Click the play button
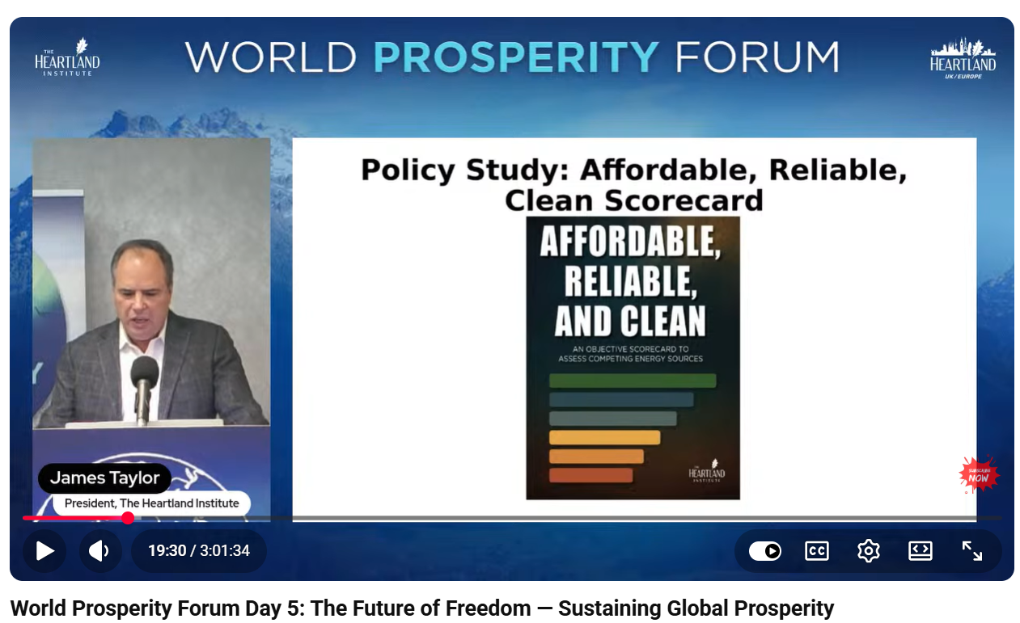(44, 551)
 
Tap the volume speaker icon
(99, 551)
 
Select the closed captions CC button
(817, 551)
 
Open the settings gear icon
(869, 551)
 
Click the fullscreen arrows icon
(971, 551)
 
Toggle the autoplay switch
(765, 551)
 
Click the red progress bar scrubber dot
(128, 518)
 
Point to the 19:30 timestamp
(167, 551)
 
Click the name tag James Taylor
(104, 478)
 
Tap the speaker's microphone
(144, 386)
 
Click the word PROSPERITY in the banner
(516, 57)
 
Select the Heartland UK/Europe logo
(963, 59)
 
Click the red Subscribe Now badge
(979, 475)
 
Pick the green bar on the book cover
(633, 381)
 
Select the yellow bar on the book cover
(605, 437)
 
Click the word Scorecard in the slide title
(683, 200)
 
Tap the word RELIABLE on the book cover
(631, 281)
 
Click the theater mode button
(921, 551)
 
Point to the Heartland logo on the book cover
(706, 471)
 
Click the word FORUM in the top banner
(757, 57)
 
